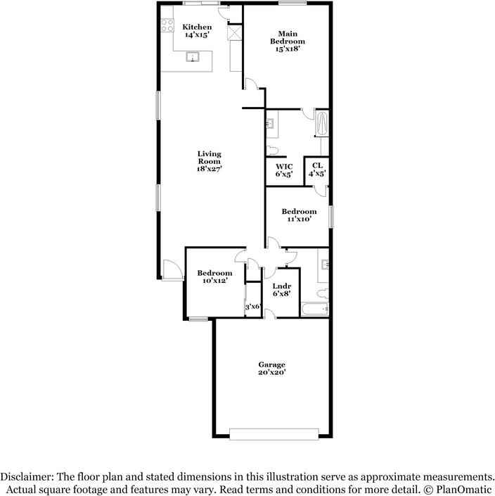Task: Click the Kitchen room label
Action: (198, 30)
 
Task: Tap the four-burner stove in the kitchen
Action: (168, 26)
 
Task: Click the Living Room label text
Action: (209, 161)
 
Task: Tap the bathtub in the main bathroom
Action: (322, 124)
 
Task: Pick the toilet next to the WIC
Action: (272, 149)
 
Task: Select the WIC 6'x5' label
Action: (283, 170)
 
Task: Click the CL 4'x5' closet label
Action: (317, 170)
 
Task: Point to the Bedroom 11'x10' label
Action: (299, 215)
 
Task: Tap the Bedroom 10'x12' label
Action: (214, 277)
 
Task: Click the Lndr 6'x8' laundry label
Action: (281, 289)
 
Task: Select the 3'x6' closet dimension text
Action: (252, 307)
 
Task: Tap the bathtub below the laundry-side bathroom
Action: (314, 310)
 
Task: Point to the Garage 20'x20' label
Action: (271, 368)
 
